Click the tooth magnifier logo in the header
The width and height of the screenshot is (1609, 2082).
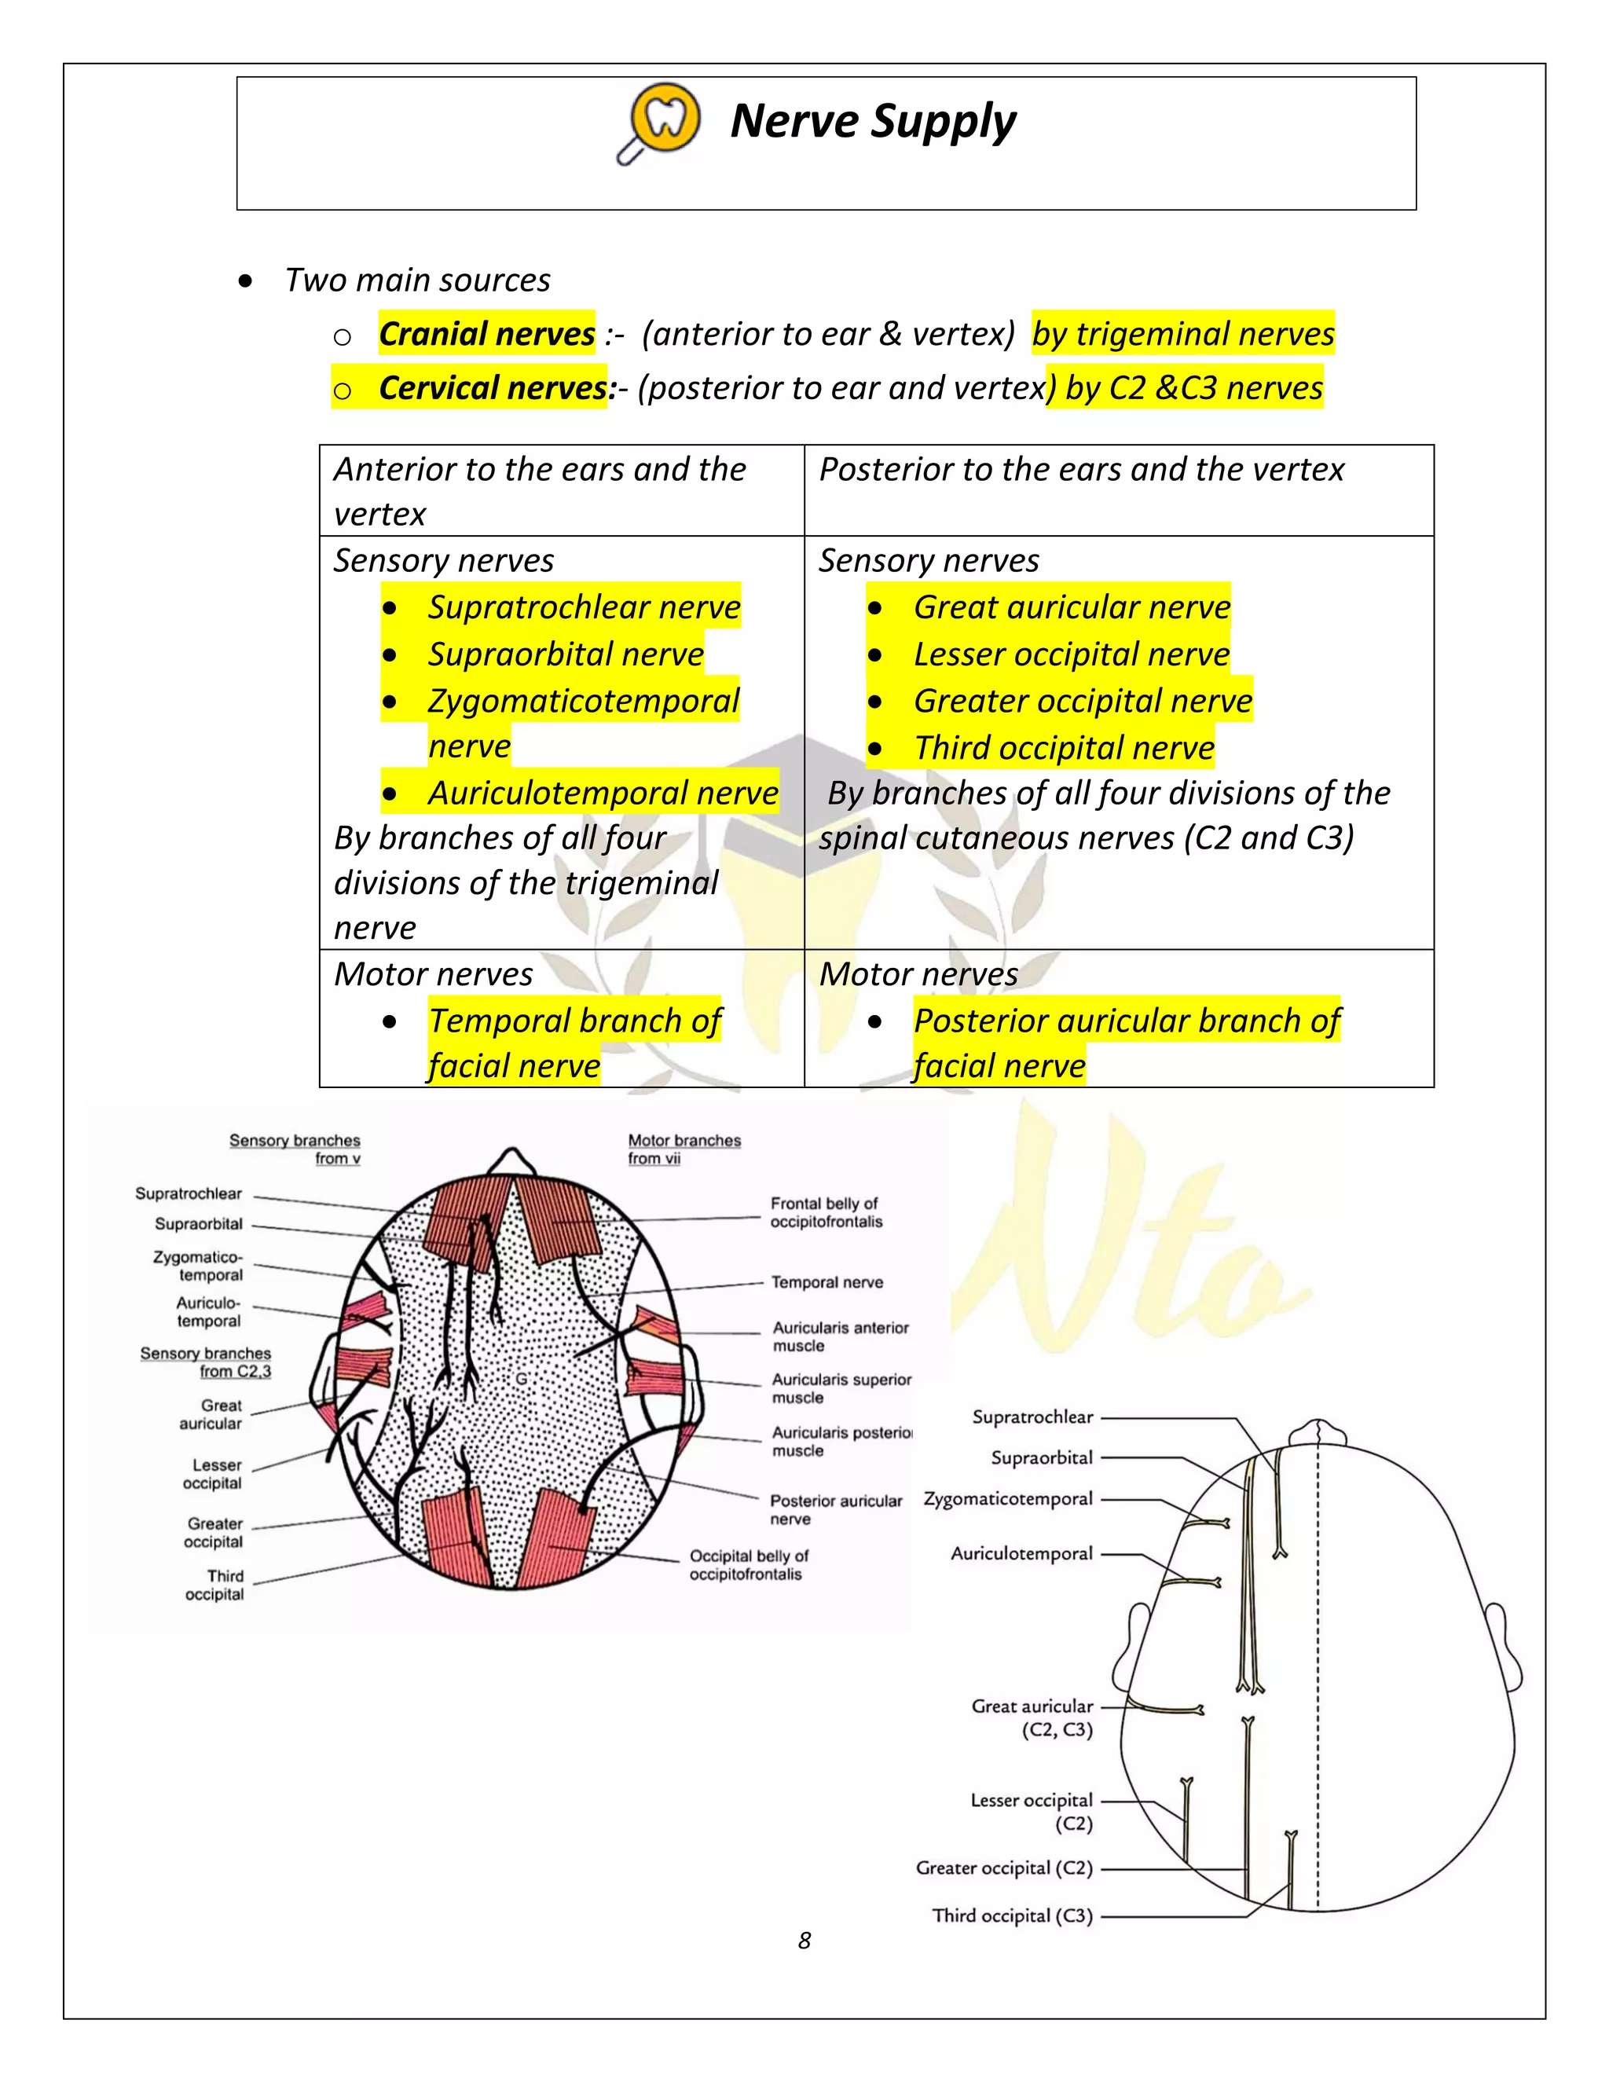pos(662,122)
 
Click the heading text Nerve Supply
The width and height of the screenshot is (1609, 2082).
pos(872,122)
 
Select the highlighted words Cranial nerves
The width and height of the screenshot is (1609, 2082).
pos(486,334)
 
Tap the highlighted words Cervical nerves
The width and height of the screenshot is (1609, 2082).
pos(492,388)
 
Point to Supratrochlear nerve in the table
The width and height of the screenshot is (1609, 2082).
pos(584,607)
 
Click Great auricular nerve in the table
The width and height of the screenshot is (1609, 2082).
pos(1072,607)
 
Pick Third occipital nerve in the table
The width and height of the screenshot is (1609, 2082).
pos(1064,748)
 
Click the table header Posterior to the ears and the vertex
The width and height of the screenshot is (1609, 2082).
pos(1081,470)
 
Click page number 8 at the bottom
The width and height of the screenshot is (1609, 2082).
pos(804,1940)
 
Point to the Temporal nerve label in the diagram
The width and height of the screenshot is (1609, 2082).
pos(826,1282)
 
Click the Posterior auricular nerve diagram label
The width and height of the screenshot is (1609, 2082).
pos(835,1509)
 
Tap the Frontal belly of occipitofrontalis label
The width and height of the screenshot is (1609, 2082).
pos(826,1212)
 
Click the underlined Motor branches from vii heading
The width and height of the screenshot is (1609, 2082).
pos(684,1149)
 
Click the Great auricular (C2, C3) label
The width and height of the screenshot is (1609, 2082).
pos(1032,1717)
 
